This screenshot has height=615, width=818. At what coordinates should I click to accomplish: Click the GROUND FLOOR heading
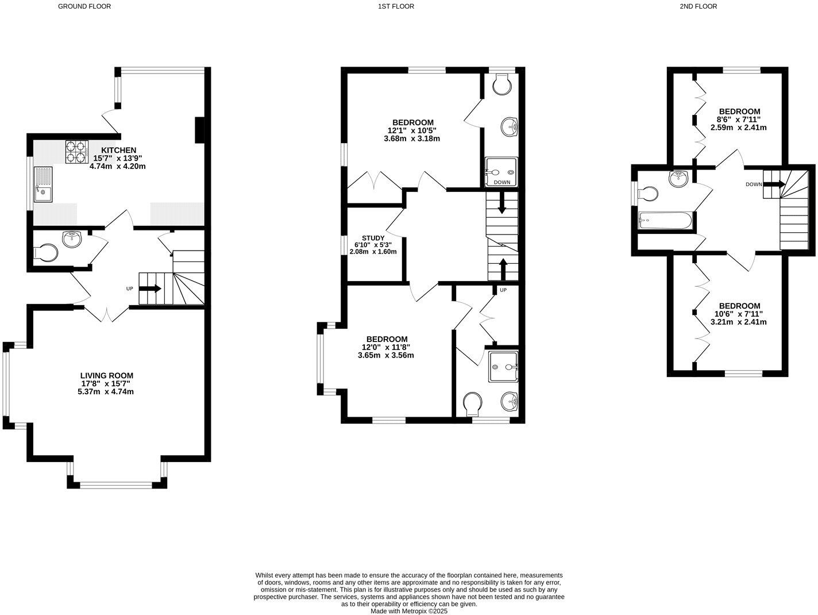pos(84,6)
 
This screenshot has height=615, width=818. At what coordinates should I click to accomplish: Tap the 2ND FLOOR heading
pos(698,6)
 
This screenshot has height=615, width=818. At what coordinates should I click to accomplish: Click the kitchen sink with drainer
pos(43,184)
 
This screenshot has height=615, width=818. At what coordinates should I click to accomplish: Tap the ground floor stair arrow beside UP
pos(150,289)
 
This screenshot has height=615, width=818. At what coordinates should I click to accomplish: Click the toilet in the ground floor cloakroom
pos(46,253)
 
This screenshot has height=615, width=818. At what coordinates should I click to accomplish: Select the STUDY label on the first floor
pos(373,238)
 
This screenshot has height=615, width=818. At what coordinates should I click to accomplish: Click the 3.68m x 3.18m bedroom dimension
pos(412,139)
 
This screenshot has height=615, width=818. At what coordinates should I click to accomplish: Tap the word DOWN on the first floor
pos(501,182)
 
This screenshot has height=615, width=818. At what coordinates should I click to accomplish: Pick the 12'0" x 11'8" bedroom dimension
pos(385,347)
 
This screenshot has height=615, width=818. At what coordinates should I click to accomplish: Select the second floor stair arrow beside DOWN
pos(774,184)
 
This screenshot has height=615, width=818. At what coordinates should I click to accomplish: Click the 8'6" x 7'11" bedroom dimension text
pos(739,120)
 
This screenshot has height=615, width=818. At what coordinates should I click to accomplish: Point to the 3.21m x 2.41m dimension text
pos(739,322)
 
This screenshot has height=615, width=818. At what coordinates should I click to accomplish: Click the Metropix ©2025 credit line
pos(408,612)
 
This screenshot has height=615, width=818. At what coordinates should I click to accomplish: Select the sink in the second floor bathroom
pos(678,178)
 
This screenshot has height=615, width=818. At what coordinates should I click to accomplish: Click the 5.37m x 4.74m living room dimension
pos(106,392)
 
